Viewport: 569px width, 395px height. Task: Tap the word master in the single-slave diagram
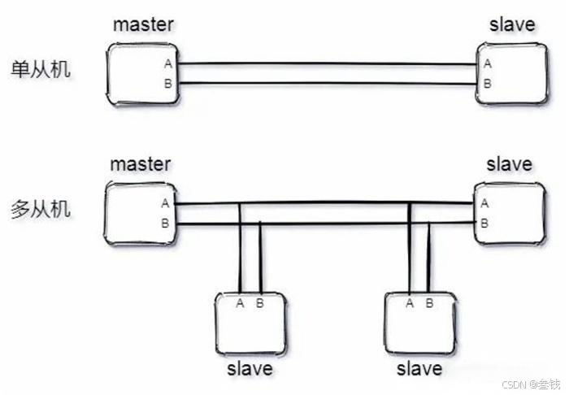click(144, 24)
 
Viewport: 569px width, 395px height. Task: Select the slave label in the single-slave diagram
click(512, 24)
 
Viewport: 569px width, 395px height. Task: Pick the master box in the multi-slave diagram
click(138, 213)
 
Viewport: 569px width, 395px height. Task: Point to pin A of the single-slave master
click(167, 63)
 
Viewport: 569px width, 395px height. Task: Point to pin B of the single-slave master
click(167, 84)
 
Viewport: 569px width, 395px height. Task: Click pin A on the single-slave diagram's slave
click(487, 63)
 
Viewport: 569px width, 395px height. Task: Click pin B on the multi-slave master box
click(166, 223)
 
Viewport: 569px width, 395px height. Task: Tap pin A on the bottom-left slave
click(240, 303)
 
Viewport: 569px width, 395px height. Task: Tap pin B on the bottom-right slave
click(429, 303)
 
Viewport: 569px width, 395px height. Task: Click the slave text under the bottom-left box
click(250, 368)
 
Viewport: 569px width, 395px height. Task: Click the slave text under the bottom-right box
click(419, 368)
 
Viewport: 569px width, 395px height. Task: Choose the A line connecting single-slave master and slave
click(325, 63)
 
